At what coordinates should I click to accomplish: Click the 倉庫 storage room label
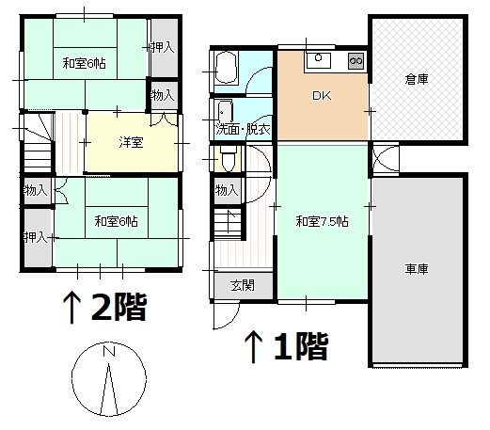[x=417, y=79]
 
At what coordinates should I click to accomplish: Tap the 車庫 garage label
[x=417, y=269]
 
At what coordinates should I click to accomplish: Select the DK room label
[x=322, y=96]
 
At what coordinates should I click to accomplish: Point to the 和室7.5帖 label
[x=322, y=221]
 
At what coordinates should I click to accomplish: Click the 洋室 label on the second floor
[x=131, y=142]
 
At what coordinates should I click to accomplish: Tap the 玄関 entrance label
[x=243, y=285]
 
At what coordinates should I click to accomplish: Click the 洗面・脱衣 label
[x=243, y=129]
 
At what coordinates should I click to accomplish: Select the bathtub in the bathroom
[x=226, y=67]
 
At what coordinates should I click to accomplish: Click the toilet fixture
[x=229, y=159]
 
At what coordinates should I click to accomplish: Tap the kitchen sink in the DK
[x=318, y=60]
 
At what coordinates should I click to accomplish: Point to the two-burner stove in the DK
[x=356, y=60]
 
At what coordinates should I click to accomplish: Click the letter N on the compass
[x=109, y=351]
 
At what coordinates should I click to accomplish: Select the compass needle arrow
[x=109, y=390]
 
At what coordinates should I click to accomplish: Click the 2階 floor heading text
[x=119, y=307]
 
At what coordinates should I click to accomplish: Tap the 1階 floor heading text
[x=301, y=346]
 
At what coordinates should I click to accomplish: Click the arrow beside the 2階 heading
[x=71, y=308]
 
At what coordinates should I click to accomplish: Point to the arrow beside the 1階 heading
[x=253, y=347]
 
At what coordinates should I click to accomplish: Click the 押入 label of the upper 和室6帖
[x=162, y=47]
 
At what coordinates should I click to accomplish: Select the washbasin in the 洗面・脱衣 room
[x=225, y=111]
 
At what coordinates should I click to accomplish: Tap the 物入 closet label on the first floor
[x=227, y=190]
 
